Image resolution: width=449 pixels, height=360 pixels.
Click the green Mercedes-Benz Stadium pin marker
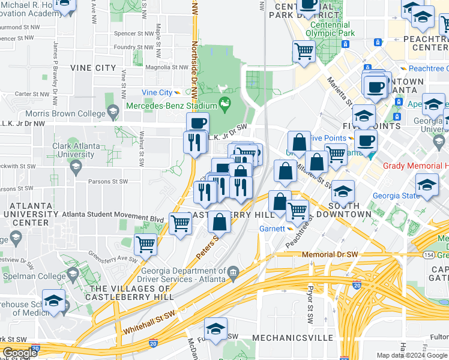[225, 104]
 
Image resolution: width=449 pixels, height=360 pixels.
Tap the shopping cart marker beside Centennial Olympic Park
[304, 50]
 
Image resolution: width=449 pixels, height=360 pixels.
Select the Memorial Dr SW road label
[330, 254]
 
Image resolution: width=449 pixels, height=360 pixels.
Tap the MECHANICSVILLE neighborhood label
[292, 338]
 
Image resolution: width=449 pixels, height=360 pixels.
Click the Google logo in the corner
[19, 353]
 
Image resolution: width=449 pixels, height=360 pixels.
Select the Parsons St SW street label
[106, 181]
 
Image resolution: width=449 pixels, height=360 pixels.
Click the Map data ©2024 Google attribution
[412, 355]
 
